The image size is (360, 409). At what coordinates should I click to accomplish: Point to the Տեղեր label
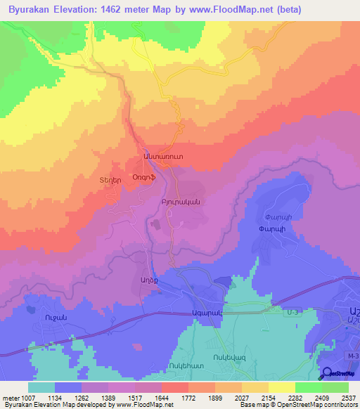click(x=110, y=180)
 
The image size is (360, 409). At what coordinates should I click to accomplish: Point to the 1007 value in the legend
click(x=26, y=398)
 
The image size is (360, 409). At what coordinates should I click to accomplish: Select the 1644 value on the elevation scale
click(x=161, y=398)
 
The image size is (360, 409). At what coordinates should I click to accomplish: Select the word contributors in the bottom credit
click(x=340, y=405)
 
